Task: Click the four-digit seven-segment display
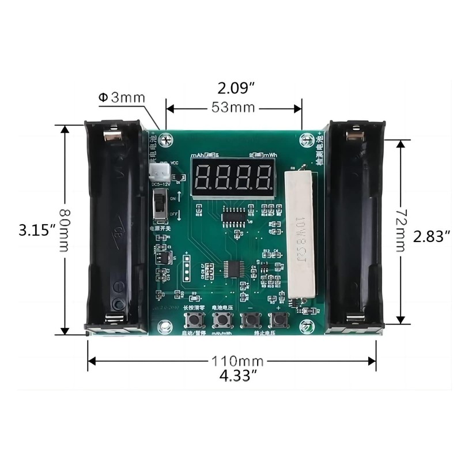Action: click(x=233, y=178)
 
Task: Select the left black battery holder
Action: click(x=115, y=228)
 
